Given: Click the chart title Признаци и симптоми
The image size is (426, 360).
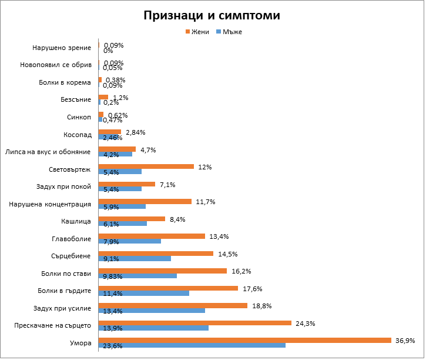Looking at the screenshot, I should (x=212, y=16).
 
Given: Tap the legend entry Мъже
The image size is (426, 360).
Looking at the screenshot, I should (x=232, y=32).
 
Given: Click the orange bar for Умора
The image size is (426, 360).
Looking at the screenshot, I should (x=244, y=340).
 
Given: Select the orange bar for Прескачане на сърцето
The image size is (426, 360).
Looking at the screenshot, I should (x=194, y=323).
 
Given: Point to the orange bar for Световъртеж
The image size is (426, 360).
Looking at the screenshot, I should (x=146, y=166).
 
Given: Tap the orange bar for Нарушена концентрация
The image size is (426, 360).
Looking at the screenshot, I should (x=145, y=201).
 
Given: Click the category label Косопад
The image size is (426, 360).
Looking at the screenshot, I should (x=78, y=134).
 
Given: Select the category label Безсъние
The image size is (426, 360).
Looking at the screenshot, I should (x=76, y=100).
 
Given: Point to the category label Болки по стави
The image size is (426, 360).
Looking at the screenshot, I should (x=66, y=274).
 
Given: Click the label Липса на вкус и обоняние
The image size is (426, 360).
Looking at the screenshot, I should (x=48, y=152).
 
